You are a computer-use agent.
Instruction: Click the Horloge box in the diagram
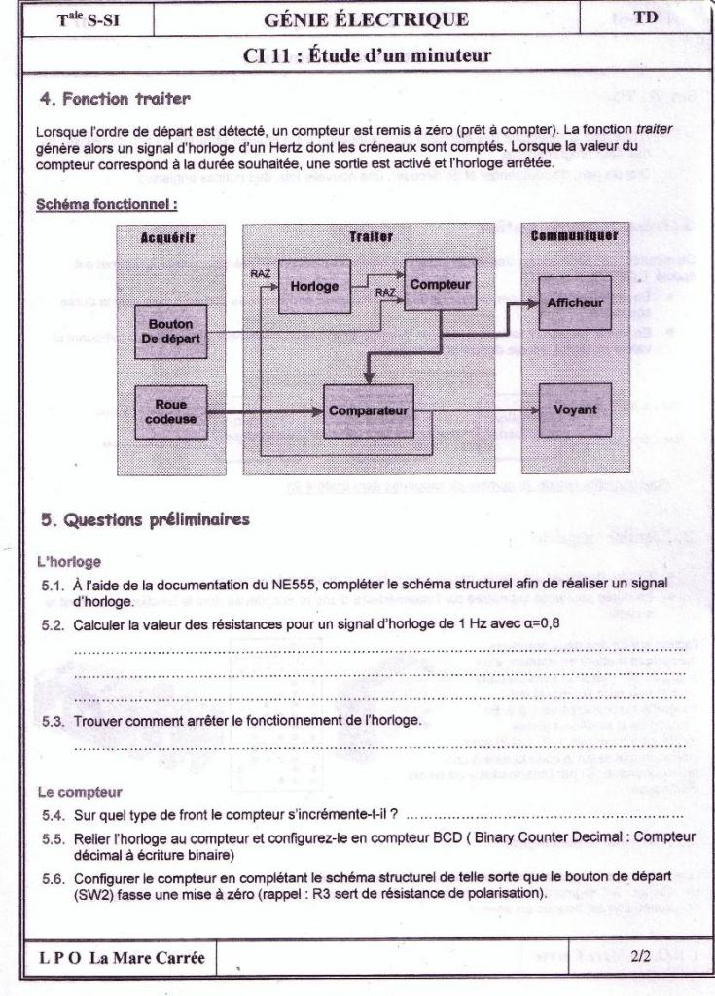pyautogui.click(x=314, y=286)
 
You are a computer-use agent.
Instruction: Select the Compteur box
pyautogui.click(x=440, y=284)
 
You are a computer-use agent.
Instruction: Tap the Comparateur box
pyautogui.click(x=368, y=410)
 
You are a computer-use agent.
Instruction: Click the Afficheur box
pyautogui.click(x=575, y=302)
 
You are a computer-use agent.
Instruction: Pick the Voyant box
pyautogui.click(x=575, y=410)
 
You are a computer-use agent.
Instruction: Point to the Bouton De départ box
pyautogui.click(x=170, y=331)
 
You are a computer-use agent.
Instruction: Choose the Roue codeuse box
pyautogui.click(x=170, y=411)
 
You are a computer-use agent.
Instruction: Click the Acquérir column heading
pyautogui.click(x=168, y=236)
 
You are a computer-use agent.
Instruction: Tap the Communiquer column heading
pyautogui.click(x=575, y=236)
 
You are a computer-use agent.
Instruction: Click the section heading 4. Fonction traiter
pyautogui.click(x=115, y=98)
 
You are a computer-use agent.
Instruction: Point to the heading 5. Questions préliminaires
pyautogui.click(x=145, y=519)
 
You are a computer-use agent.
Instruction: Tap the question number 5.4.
pyautogui.click(x=53, y=812)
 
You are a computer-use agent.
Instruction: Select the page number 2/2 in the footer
pyautogui.click(x=640, y=957)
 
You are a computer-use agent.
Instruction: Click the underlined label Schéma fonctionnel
pyautogui.click(x=106, y=205)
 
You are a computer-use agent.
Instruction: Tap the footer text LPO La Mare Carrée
pyautogui.click(x=122, y=958)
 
